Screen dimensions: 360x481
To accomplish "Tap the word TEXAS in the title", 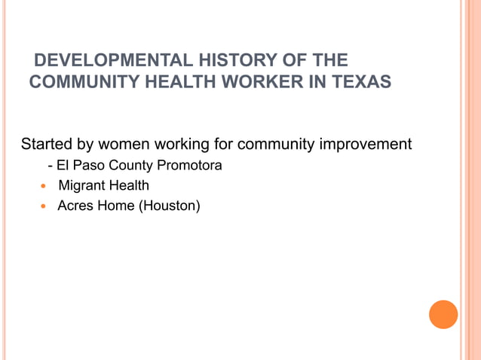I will (362, 81).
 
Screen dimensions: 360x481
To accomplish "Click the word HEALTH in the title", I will (178, 81).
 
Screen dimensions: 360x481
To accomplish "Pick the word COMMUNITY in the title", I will (80, 81).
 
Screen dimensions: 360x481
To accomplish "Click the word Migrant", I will (81, 185).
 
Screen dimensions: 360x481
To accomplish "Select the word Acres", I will (75, 205).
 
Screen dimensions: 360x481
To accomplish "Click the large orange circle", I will (443, 314).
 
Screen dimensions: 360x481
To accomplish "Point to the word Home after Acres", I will (115, 205).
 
